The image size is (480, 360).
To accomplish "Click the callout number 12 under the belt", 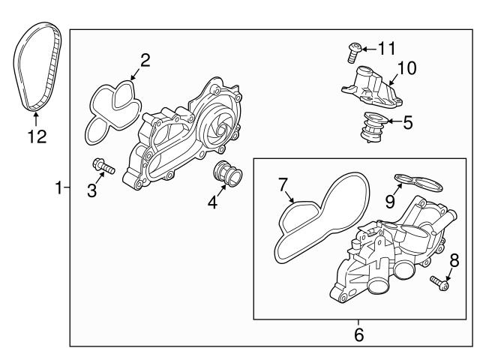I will [37, 136].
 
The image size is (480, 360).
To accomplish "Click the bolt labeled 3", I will [101, 165].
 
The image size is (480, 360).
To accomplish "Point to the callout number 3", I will [91, 190].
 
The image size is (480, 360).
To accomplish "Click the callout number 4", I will [212, 202].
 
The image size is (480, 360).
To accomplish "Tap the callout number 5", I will [408, 122].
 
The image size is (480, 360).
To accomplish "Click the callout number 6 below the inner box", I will [358, 335].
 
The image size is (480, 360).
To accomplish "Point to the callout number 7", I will [283, 184].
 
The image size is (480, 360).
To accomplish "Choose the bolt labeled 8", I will [439, 283].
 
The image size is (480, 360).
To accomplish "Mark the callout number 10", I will [406, 69].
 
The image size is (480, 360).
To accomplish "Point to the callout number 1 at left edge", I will [59, 188].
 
